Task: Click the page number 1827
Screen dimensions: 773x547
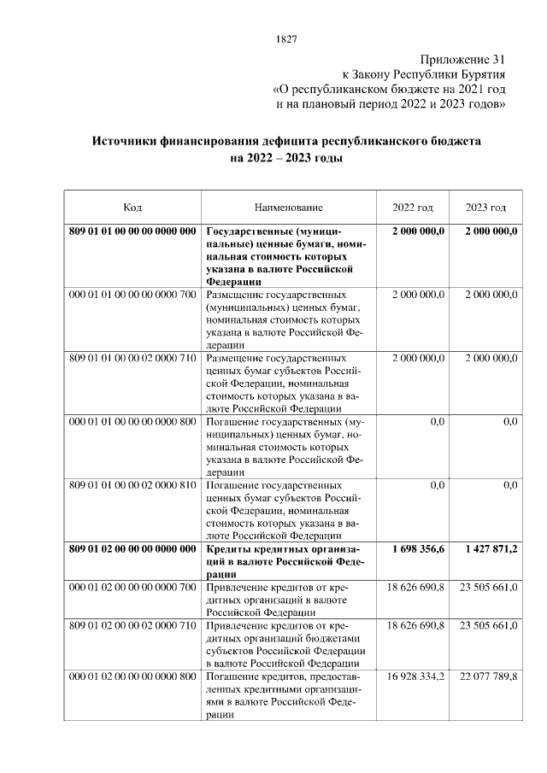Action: pyautogui.click(x=286, y=38)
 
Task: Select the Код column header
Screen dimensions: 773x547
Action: pyautogui.click(x=132, y=208)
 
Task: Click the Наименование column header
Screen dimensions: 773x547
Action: pyautogui.click(x=288, y=208)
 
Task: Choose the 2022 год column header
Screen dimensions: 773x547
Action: pyautogui.click(x=413, y=208)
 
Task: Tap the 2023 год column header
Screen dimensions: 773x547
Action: pyautogui.click(x=485, y=208)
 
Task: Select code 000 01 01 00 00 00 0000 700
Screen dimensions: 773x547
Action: pyautogui.click(x=132, y=295)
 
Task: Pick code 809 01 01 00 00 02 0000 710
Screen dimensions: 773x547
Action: pyautogui.click(x=132, y=358)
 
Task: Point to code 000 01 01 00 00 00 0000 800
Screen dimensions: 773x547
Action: pyautogui.click(x=132, y=422)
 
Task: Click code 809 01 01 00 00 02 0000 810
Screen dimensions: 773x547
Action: pyautogui.click(x=132, y=485)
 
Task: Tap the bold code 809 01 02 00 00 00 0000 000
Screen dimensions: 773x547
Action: pyautogui.click(x=132, y=549)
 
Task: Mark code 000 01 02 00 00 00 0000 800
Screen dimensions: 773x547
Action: pyautogui.click(x=132, y=677)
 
